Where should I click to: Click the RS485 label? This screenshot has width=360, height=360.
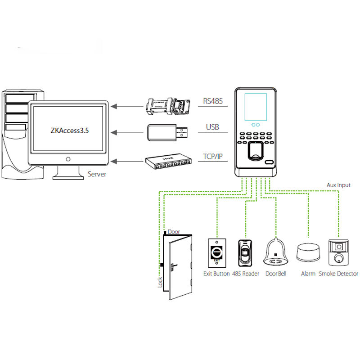tap(212, 102)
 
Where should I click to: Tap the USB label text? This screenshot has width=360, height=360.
tap(212, 127)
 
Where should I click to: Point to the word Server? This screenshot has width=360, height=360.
tap(97, 174)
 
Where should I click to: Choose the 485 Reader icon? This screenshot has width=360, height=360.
tap(245, 254)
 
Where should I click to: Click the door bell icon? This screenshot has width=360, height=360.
tap(276, 252)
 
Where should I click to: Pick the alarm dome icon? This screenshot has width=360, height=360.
tap(308, 252)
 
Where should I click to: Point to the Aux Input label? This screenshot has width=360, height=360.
tap(338, 185)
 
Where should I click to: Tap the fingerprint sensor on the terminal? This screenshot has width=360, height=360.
tap(256, 153)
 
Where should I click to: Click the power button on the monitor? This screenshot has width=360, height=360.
tap(68, 159)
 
